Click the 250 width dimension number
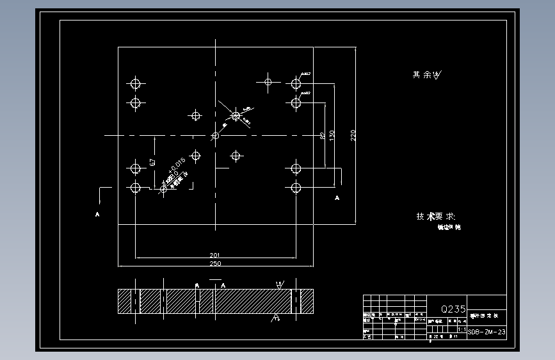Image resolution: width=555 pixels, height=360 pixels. [x=215, y=263]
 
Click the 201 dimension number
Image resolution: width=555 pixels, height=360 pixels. [x=215, y=255]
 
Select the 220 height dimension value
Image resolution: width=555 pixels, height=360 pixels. [x=353, y=135]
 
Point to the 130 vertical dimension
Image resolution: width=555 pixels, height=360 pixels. [x=332, y=136]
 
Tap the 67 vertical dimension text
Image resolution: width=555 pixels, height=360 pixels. [x=152, y=163]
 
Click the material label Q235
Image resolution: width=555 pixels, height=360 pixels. [x=453, y=309]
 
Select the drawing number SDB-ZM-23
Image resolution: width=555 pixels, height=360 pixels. [x=487, y=332]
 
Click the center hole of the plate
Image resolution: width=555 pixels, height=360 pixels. [x=216, y=135]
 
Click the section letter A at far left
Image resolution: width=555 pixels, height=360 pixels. [x=98, y=214]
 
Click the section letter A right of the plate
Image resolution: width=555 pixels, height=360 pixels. [x=337, y=199]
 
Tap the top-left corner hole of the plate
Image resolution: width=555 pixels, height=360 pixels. [x=135, y=83]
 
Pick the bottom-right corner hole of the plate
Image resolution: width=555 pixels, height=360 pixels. [x=296, y=188]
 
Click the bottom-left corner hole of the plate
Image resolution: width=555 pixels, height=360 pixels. [x=135, y=188]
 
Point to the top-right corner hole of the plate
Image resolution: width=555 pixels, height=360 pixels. [x=296, y=83]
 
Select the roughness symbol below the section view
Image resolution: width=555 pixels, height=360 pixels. [x=276, y=317]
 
